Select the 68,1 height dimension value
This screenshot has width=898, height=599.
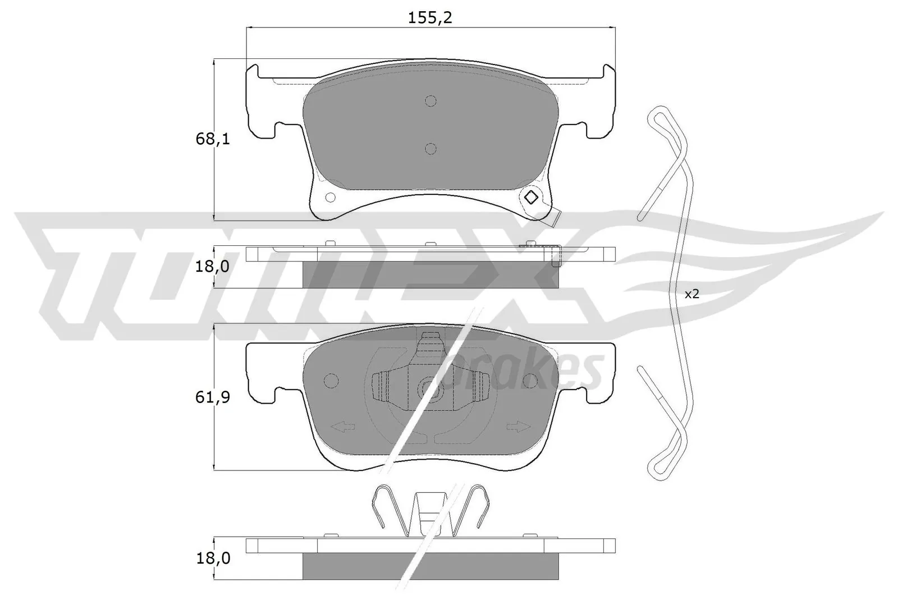[x=213, y=139]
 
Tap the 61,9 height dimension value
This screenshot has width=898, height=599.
[x=213, y=397]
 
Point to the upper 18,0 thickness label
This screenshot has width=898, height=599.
[x=213, y=267]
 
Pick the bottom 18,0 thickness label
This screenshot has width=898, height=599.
[x=213, y=558]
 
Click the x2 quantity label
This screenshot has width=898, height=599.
[x=691, y=294]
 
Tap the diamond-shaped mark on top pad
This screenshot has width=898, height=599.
[x=530, y=198]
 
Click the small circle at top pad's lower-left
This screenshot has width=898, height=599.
[x=330, y=197]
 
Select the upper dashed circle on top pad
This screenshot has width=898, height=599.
[x=430, y=101]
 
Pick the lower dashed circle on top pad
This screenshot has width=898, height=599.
[x=430, y=149]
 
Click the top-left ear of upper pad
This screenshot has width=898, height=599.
[x=254, y=73]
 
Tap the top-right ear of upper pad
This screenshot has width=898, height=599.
[x=608, y=73]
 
